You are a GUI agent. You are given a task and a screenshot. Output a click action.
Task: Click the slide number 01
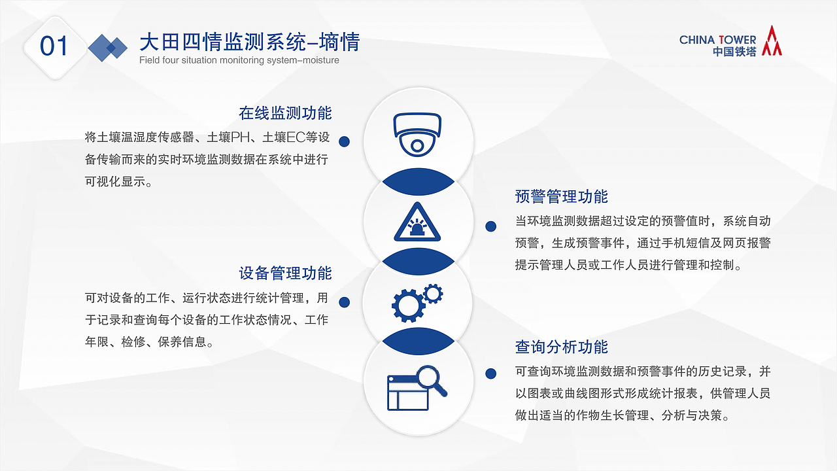(54, 46)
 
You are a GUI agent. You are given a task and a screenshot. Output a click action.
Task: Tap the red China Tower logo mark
(773, 41)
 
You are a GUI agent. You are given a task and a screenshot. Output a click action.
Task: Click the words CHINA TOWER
(717, 40)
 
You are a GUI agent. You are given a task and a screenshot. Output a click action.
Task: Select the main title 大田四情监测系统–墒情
(249, 43)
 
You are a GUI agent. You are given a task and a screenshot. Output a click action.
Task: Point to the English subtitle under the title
(239, 61)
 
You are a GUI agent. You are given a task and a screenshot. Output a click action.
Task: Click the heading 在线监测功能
(285, 113)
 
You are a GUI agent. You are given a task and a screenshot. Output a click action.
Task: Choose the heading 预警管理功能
(562, 196)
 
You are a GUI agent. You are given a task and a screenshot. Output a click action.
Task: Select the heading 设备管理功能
(285, 273)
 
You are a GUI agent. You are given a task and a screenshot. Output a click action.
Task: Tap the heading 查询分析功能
(562, 347)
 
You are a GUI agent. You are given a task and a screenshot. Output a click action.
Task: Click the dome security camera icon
(417, 134)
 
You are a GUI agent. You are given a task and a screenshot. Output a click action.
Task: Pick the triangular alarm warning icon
(417, 222)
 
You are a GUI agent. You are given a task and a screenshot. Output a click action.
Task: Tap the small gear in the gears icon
(432, 293)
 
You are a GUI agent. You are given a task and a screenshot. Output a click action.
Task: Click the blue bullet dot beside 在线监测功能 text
(345, 141)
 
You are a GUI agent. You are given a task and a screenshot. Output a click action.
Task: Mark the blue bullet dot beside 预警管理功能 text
(490, 226)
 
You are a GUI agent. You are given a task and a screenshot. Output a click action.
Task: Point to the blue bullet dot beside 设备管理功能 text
(345, 302)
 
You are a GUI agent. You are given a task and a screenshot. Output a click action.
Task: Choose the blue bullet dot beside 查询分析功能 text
(490, 374)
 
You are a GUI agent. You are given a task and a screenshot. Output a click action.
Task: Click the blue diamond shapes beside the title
(107, 47)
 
